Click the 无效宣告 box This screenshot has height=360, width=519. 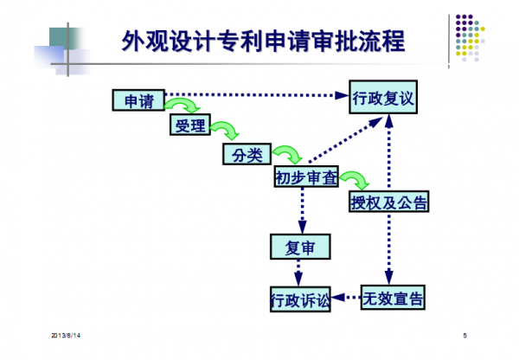click(x=392, y=299)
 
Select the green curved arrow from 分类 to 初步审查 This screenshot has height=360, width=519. click(x=285, y=155)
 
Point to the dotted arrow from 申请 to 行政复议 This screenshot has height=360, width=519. click(x=255, y=95)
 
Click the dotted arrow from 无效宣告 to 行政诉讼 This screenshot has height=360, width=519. click(x=346, y=299)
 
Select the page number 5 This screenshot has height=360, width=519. click(x=465, y=334)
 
